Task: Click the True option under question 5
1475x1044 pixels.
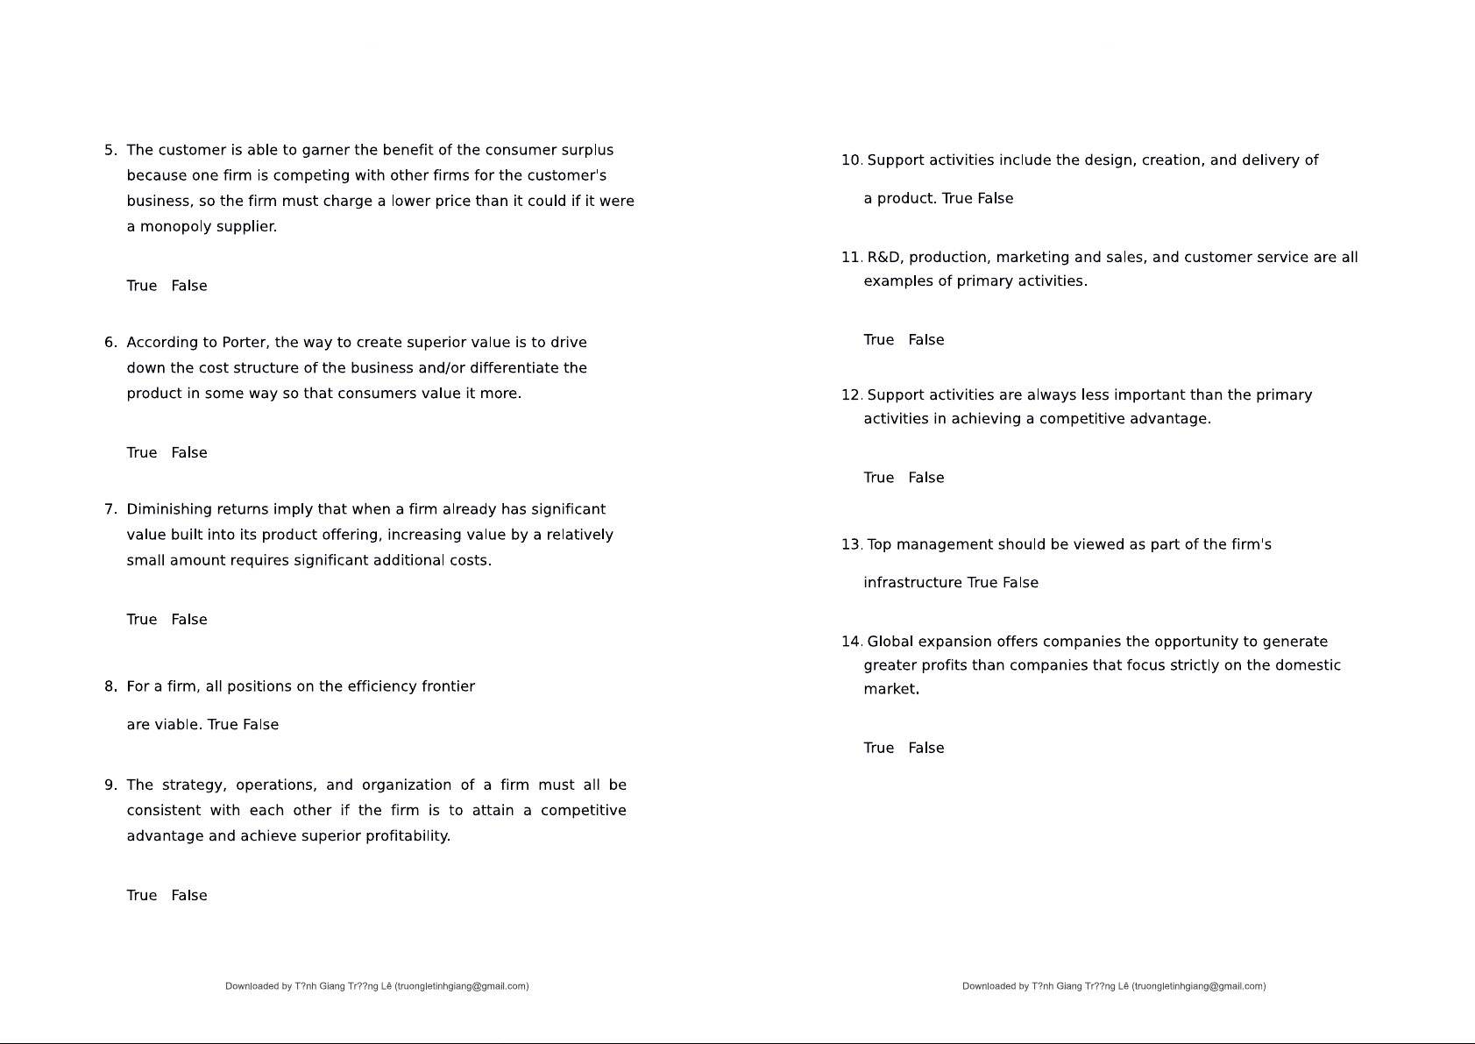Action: click(x=141, y=286)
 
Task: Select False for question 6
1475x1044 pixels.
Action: click(x=189, y=452)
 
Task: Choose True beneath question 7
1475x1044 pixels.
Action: click(x=141, y=620)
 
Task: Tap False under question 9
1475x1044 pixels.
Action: click(x=189, y=895)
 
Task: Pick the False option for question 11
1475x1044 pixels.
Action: click(x=926, y=340)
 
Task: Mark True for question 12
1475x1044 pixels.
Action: click(x=878, y=478)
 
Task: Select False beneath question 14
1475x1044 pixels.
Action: click(x=926, y=748)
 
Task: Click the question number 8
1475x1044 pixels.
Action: click(x=110, y=686)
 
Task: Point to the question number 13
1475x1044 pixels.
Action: click(x=851, y=544)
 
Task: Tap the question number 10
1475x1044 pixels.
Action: click(x=851, y=160)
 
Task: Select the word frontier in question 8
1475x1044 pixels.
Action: click(x=448, y=686)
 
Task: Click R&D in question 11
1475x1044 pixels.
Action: click(x=884, y=258)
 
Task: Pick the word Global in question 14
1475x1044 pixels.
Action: click(x=890, y=642)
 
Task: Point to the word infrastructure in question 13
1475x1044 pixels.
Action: click(x=912, y=583)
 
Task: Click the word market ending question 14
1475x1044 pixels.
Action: click(x=890, y=690)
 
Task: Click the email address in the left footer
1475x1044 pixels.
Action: click(x=462, y=986)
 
